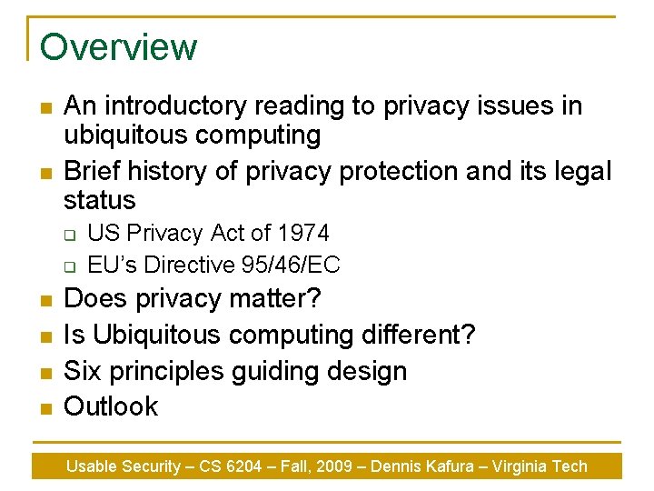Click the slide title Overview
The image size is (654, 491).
[118, 46]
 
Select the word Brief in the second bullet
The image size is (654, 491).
[93, 171]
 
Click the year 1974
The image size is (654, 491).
[304, 234]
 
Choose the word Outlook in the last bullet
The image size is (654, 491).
[111, 406]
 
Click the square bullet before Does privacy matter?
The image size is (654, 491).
[45, 300]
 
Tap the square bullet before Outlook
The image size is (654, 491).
[45, 408]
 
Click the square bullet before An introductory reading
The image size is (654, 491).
[45, 108]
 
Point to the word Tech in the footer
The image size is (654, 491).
[570, 466]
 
